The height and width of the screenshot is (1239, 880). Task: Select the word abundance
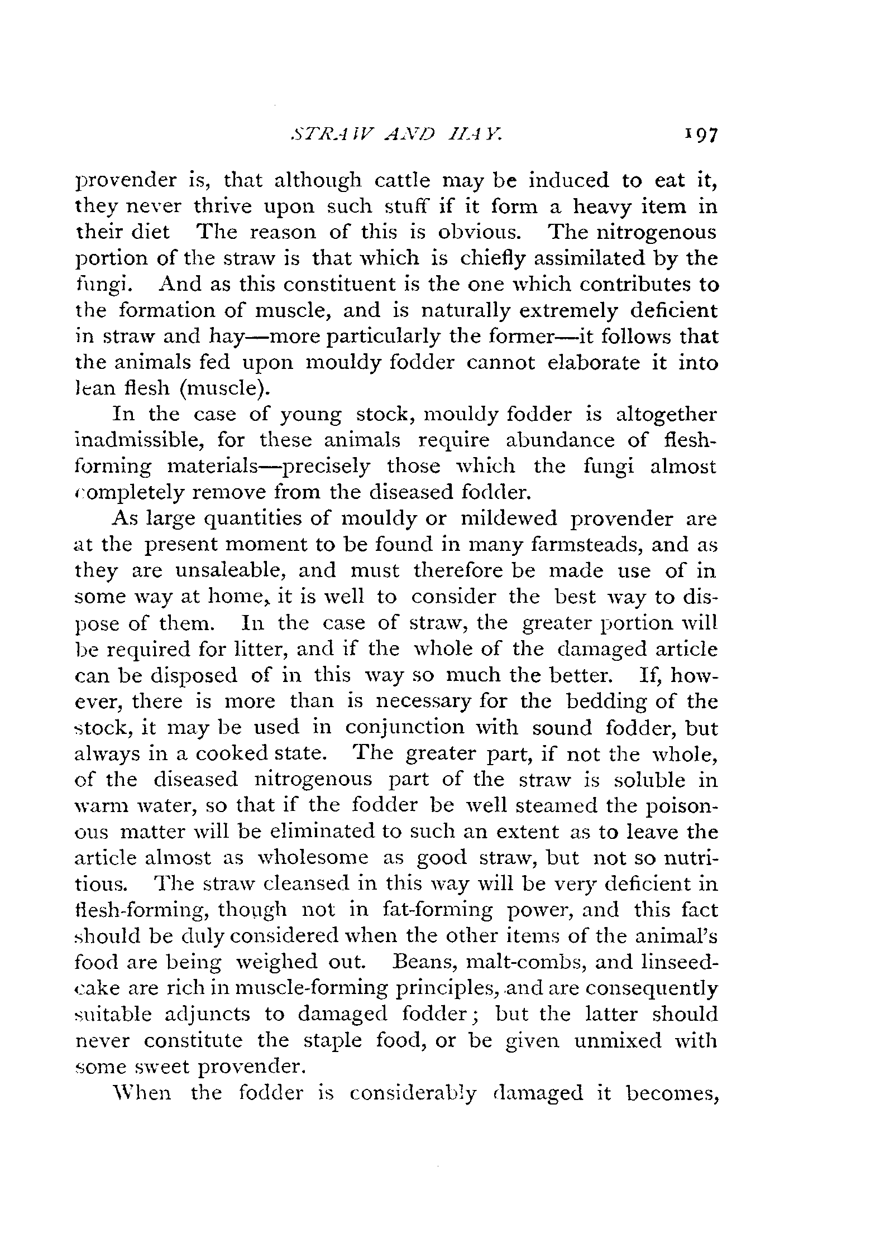click(x=558, y=440)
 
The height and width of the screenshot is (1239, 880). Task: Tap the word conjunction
click(x=404, y=728)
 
